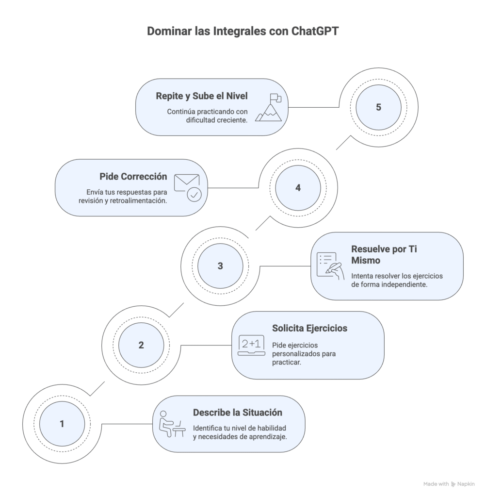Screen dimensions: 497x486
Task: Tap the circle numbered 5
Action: tap(378, 107)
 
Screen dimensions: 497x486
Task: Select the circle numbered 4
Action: tap(298, 187)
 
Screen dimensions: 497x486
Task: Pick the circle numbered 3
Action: tap(220, 266)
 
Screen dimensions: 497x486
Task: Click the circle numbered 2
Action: tap(141, 345)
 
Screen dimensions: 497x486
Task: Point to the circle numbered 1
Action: tap(62, 424)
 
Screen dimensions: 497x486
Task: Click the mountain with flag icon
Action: tap(268, 108)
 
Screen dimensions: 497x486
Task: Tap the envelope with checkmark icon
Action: tap(187, 187)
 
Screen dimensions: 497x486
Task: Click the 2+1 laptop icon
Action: tap(251, 345)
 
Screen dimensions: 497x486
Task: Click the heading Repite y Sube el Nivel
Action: tap(201, 96)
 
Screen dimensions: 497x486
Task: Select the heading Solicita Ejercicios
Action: tap(309, 328)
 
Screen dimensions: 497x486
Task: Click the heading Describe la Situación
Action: tap(237, 413)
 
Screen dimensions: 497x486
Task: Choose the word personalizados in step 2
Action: tap(295, 354)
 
